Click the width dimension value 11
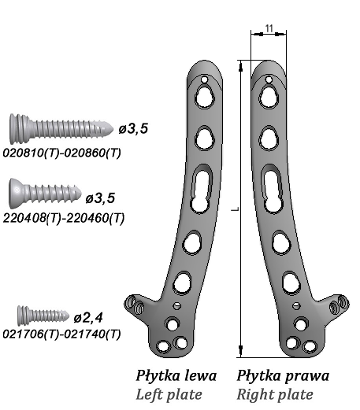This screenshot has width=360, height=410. tap(269, 28)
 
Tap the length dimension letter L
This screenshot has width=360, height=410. tap(236, 209)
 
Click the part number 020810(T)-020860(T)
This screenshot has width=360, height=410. tap(62, 153)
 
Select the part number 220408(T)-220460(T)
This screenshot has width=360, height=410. tap(64, 218)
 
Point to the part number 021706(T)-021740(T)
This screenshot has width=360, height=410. tap(62, 334)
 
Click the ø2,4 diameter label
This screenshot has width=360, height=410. tap(88, 318)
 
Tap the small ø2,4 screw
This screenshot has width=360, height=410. tap(43, 315)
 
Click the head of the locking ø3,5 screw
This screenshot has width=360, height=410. tap(20, 128)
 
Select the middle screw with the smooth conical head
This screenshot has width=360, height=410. tap(45, 193)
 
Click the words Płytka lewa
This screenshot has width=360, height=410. tap(176, 375)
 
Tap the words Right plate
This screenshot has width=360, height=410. tap(275, 394)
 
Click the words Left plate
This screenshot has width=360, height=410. tap(169, 394)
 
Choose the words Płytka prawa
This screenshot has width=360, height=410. tap(283, 375)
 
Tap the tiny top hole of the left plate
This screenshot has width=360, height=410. tap(204, 79)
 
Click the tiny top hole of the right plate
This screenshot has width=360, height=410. tap(269, 79)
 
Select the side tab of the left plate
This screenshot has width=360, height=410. tap(135, 305)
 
